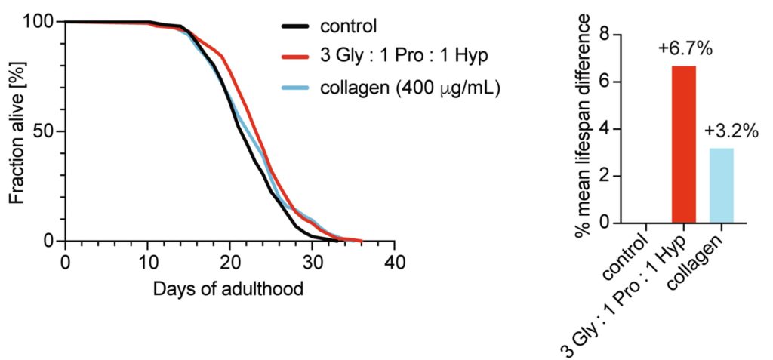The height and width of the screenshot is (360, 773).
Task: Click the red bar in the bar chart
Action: pyautogui.click(x=683, y=144)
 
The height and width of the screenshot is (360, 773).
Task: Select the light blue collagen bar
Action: pyautogui.click(x=720, y=185)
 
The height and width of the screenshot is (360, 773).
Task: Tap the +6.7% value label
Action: pyautogui.click(x=685, y=51)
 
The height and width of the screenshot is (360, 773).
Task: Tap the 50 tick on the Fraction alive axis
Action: pyautogui.click(x=44, y=131)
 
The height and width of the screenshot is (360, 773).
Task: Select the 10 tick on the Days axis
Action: pyautogui.click(x=148, y=263)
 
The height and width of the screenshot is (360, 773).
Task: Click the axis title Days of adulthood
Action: pyautogui.click(x=229, y=288)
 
